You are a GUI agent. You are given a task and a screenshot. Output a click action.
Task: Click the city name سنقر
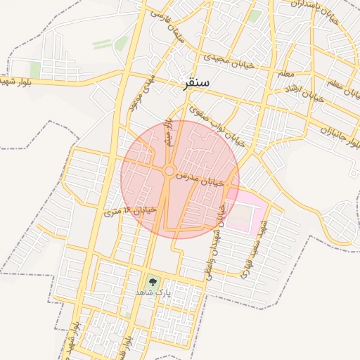197,83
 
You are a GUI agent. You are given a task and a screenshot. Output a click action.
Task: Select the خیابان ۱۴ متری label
129,209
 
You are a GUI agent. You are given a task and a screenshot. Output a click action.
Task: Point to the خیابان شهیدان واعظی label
214,243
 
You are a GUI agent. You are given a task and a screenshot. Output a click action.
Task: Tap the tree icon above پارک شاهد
153,282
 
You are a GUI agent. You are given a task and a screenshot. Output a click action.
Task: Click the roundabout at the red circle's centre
169,172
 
